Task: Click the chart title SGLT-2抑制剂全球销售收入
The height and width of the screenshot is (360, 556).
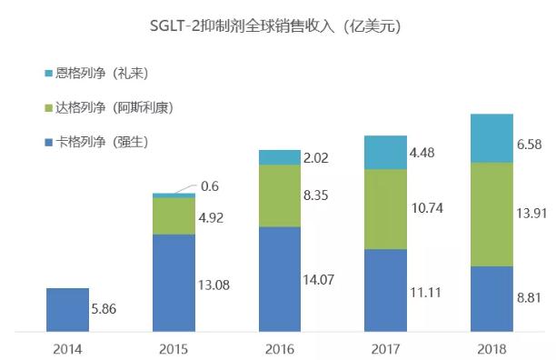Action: click(274, 26)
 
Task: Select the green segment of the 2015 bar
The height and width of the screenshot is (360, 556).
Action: click(173, 215)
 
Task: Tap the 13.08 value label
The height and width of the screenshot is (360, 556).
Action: click(215, 285)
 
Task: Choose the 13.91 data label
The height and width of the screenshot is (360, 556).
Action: click(530, 214)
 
